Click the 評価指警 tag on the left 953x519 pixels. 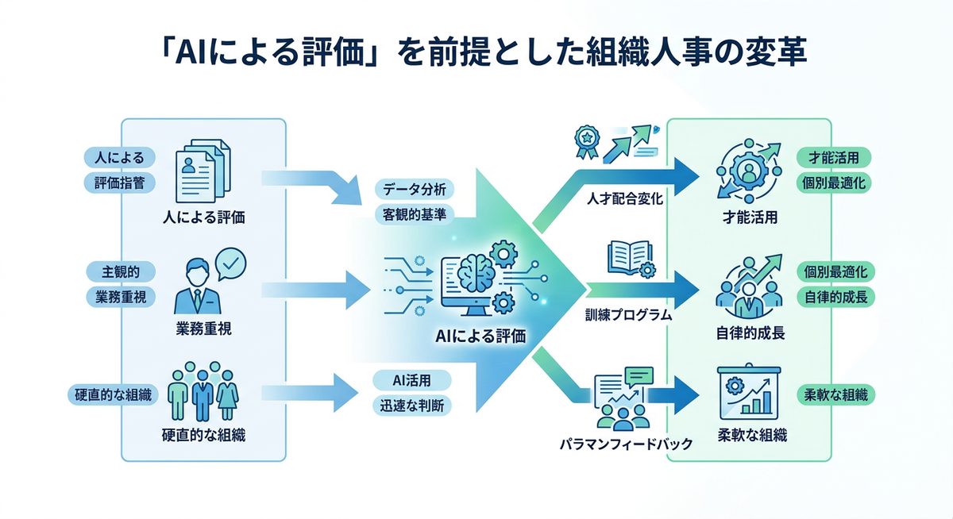click(x=119, y=183)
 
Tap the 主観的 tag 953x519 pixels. click(x=119, y=271)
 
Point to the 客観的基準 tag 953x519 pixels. click(x=414, y=213)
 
